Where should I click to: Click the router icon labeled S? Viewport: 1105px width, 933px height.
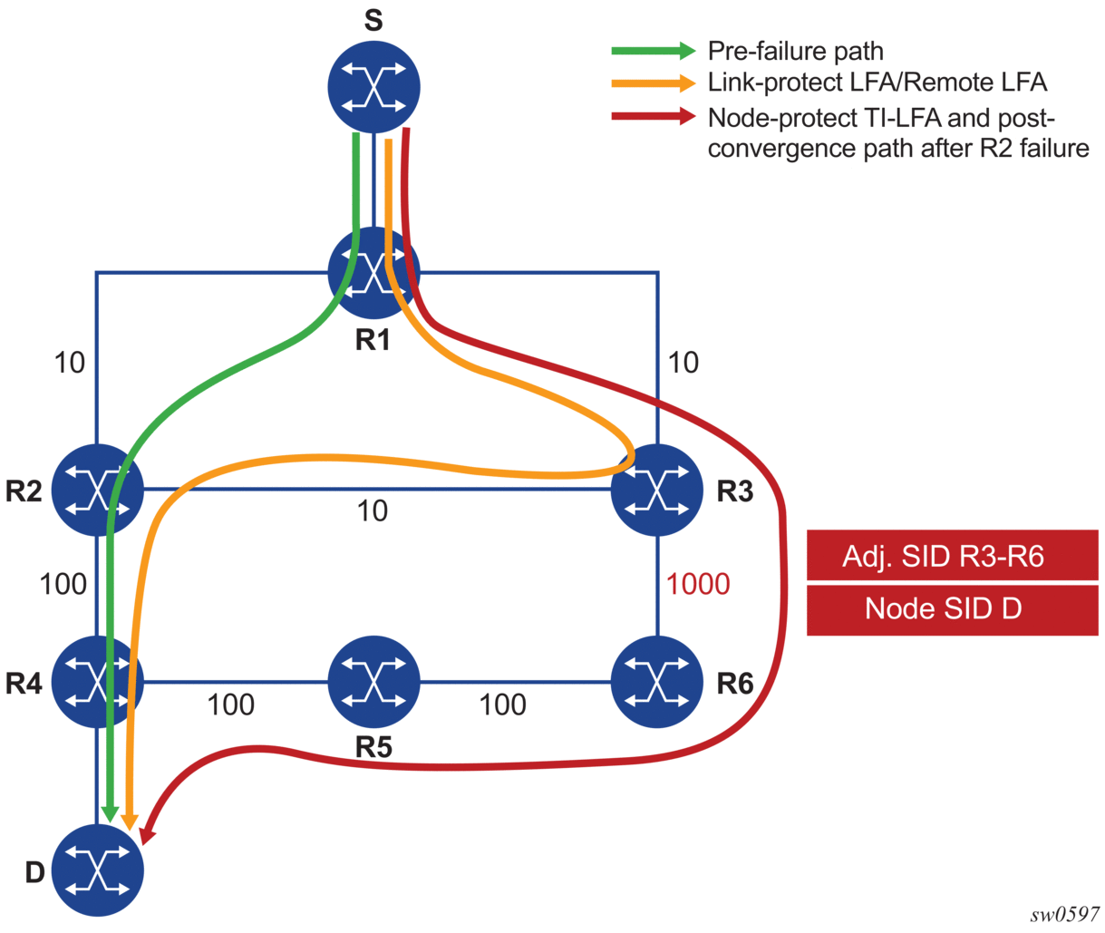(x=373, y=86)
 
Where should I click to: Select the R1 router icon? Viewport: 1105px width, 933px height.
(x=373, y=273)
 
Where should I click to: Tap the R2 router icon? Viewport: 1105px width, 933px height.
(x=98, y=490)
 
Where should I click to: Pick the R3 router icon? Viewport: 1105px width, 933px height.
(x=657, y=490)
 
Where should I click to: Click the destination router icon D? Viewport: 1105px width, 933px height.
(x=98, y=870)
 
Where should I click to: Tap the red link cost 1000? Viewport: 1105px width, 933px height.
(x=698, y=584)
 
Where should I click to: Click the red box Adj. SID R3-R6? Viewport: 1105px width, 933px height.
(x=952, y=556)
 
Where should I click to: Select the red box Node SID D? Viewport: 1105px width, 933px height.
(x=952, y=608)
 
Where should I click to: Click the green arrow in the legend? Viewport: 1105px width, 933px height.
(x=653, y=51)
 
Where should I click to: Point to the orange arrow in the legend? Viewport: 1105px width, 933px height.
(x=653, y=83)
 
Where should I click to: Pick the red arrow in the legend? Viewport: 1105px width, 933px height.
(x=653, y=116)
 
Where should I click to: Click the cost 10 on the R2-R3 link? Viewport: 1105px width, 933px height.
(x=373, y=511)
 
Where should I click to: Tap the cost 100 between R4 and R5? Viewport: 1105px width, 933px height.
(x=230, y=705)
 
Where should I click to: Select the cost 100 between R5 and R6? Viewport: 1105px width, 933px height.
(x=502, y=705)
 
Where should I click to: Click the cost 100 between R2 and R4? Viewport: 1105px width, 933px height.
(x=63, y=584)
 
